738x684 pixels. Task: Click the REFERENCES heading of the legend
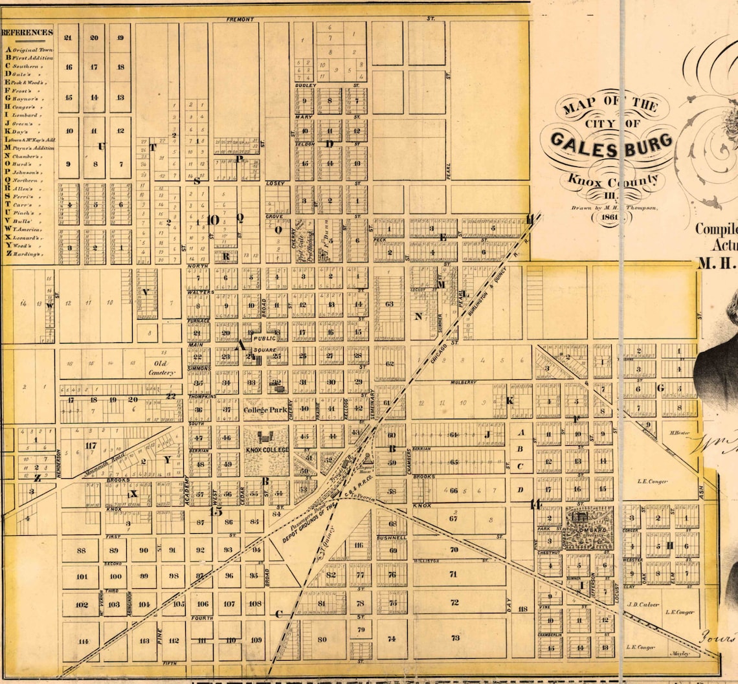click(x=27, y=32)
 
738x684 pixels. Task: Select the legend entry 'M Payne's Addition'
click(x=29, y=148)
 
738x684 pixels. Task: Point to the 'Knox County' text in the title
click(x=613, y=181)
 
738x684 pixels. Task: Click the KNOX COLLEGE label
click(x=267, y=450)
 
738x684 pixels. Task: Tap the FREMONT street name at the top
click(x=240, y=19)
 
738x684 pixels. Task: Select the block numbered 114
click(x=82, y=641)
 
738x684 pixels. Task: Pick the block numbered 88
click(x=81, y=551)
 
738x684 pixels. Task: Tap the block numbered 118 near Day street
click(x=523, y=609)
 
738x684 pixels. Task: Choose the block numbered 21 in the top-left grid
click(x=68, y=38)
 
